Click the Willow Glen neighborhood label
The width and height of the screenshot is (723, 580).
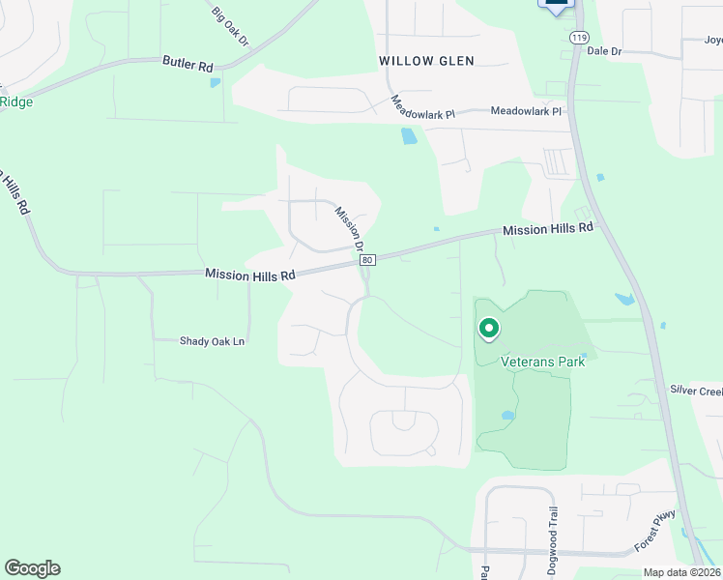pyautogui.click(x=426, y=61)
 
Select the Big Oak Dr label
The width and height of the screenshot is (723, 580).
pyautogui.click(x=230, y=26)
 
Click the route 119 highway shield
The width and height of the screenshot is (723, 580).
pyautogui.click(x=579, y=38)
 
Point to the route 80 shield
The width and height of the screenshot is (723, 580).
pyautogui.click(x=367, y=260)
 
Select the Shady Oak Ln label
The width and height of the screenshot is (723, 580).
pyautogui.click(x=213, y=341)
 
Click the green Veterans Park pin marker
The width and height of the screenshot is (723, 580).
pyautogui.click(x=488, y=330)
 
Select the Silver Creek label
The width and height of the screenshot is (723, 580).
pyautogui.click(x=696, y=391)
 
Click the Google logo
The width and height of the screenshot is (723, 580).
pyautogui.click(x=32, y=568)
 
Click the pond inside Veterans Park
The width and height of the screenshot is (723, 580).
pyautogui.click(x=507, y=417)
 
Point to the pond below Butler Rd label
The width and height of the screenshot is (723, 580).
pyautogui.click(x=215, y=82)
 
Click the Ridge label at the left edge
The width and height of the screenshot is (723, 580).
pyautogui.click(x=16, y=101)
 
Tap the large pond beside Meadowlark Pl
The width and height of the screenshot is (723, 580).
pyautogui.click(x=409, y=136)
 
